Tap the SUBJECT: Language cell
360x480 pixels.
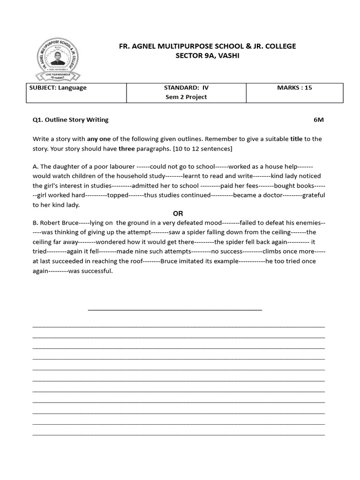tap(58, 88)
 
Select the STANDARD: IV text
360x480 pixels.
tap(186, 88)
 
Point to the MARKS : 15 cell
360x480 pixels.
tap(294, 88)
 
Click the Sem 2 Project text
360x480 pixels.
tap(186, 97)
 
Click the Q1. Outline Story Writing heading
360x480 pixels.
tap(70, 120)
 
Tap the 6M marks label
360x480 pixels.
tap(319, 120)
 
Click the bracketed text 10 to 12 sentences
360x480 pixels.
tap(202, 149)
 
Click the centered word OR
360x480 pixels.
tap(178, 213)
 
